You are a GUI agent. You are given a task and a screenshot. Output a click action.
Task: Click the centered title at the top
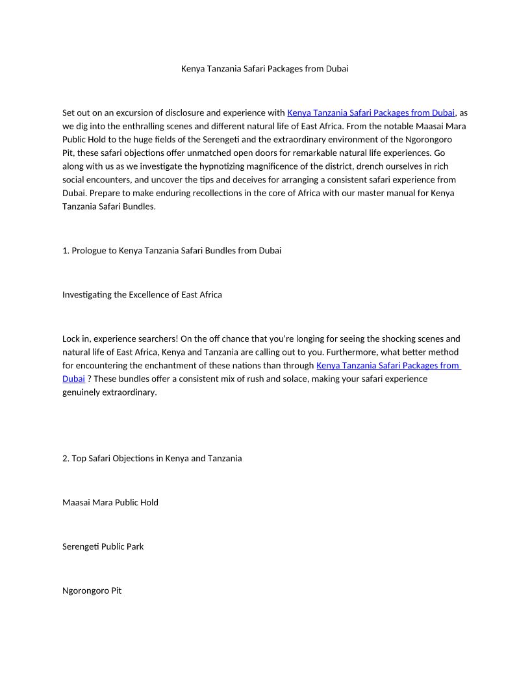[x=264, y=68]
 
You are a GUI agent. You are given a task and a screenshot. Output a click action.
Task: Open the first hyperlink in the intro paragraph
[x=370, y=112]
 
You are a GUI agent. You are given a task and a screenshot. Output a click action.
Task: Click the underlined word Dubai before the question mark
[x=73, y=379]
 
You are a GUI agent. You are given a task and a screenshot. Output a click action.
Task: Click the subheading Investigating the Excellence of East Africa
[x=142, y=294]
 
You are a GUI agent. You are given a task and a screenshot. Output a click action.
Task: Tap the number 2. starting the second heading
[x=66, y=458]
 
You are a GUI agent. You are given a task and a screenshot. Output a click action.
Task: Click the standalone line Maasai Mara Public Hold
[x=110, y=502]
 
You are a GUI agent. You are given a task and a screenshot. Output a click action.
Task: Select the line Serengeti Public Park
[x=103, y=546]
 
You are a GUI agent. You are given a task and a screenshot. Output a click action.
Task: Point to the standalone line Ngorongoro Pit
[x=92, y=591]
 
